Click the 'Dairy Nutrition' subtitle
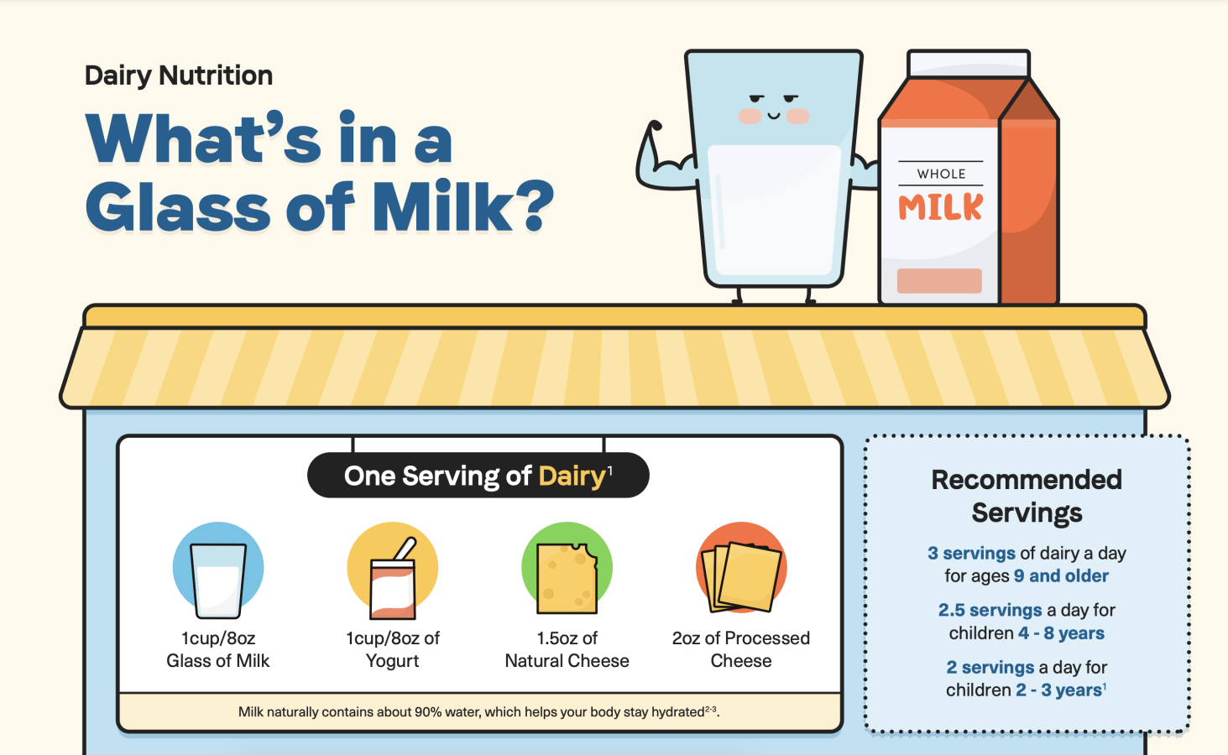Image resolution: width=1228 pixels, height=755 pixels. pyautogui.click(x=179, y=75)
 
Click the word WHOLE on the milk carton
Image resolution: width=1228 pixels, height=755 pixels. pyautogui.click(x=941, y=174)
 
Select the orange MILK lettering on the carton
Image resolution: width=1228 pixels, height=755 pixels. pyautogui.click(x=941, y=206)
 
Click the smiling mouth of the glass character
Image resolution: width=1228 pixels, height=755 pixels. pyautogui.click(x=774, y=116)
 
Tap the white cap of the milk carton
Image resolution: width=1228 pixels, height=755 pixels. pyautogui.click(x=969, y=64)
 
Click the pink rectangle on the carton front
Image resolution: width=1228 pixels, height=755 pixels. pyautogui.click(x=939, y=280)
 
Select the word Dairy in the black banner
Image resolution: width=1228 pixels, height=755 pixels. pyautogui.click(x=572, y=476)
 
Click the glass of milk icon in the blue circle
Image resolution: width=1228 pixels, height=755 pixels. pyautogui.click(x=218, y=581)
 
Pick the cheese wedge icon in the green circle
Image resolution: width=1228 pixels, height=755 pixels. pyautogui.click(x=567, y=578)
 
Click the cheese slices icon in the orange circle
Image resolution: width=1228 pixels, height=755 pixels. pyautogui.click(x=741, y=577)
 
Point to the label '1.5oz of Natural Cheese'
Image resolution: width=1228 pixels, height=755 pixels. pyautogui.click(x=567, y=649)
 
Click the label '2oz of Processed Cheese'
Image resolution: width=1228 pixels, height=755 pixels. pyautogui.click(x=741, y=649)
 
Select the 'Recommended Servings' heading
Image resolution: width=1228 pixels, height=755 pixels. pyautogui.click(x=1027, y=497)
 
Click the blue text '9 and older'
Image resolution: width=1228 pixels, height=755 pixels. pyautogui.click(x=1061, y=575)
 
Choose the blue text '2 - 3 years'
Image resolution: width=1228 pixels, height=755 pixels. pyautogui.click(x=1058, y=690)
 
